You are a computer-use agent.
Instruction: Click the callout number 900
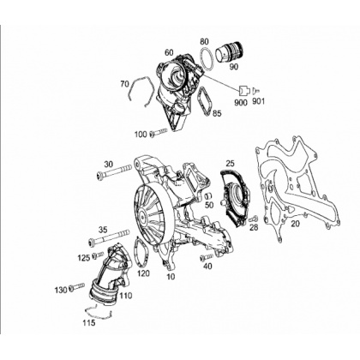241,102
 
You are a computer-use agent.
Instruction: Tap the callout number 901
259,101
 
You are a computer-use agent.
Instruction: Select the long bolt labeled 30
115,173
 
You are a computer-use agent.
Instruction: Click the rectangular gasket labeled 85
205,101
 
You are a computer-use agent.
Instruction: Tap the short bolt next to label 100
159,132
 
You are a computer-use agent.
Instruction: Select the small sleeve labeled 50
209,196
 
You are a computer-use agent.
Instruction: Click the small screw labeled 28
254,219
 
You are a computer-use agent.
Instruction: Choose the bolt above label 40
207,256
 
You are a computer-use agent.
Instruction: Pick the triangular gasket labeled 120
141,251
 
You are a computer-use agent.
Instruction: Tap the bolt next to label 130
76,287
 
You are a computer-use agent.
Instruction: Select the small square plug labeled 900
243,91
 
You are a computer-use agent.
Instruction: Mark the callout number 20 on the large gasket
296,224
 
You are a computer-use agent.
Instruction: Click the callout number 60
169,52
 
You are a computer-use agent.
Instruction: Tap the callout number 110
125,295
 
